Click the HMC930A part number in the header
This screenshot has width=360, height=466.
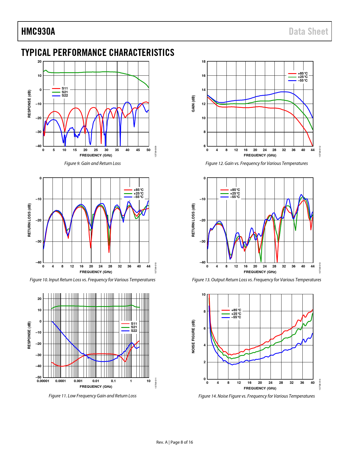38,31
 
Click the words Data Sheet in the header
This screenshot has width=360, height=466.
308,31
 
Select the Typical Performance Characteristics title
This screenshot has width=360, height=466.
98,53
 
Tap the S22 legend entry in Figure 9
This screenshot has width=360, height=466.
65,95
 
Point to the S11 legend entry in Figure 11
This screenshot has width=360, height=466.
134,324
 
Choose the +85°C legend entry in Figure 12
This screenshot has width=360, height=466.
302,73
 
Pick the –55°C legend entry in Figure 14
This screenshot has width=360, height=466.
236,317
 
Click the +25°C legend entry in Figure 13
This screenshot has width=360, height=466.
235,193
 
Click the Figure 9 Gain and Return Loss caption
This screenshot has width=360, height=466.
92,163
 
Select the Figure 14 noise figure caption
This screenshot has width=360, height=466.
256,396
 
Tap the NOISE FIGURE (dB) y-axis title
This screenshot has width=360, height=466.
193,336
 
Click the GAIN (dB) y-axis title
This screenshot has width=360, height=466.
193,104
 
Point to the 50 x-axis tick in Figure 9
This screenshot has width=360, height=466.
149,150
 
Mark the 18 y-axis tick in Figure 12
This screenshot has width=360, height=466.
204,62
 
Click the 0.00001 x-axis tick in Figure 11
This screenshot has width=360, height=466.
43,381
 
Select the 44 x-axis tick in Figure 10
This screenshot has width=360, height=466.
149,266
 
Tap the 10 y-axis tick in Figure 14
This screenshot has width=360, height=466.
204,295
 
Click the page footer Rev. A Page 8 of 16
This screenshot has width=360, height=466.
174,442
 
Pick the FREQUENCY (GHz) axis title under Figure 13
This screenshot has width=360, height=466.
260,272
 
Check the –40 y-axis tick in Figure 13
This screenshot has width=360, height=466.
203,262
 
